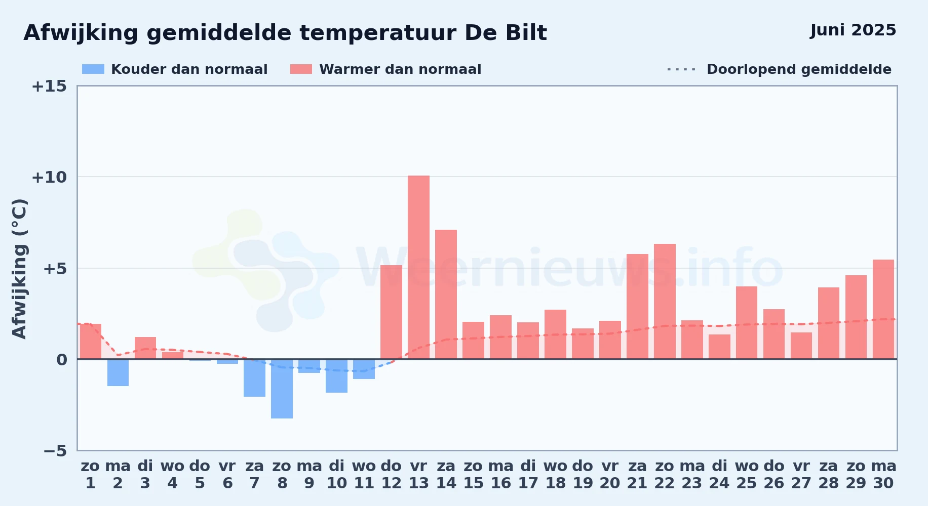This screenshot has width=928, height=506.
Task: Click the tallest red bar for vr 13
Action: pos(418,267)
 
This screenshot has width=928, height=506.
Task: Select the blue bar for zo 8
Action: pos(282,389)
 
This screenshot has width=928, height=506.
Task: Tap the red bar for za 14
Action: pos(446,294)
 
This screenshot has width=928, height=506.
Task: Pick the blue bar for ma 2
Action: pos(118,372)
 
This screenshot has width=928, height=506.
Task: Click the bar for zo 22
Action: pos(665,302)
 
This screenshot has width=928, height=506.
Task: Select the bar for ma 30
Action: pos(883,309)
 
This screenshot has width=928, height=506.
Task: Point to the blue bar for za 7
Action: pos(254,378)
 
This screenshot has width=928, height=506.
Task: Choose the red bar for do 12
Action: pos(391,312)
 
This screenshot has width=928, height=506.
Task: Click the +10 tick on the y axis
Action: pos(49,177)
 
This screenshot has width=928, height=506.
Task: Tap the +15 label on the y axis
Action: pos(49,86)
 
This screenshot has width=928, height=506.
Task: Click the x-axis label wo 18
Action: pos(555,474)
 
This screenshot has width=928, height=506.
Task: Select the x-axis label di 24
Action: pos(719,474)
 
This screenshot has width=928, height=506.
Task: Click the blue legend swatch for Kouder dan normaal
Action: pos(93,69)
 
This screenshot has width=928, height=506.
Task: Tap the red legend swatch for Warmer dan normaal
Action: pos(301,69)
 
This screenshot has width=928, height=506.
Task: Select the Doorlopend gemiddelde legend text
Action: pos(799,69)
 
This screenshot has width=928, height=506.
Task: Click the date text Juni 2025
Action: pos(853,30)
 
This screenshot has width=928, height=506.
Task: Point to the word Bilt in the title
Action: pos(526,33)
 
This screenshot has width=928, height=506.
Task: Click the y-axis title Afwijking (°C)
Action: pos(19,269)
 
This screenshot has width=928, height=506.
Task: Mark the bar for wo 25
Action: pos(747,323)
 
